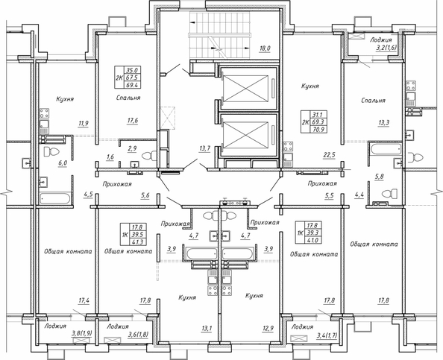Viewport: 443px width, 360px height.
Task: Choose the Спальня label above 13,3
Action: point(371,100)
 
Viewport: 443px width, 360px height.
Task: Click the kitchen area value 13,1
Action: point(207,328)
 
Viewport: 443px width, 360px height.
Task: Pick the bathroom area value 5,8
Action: point(379,177)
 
